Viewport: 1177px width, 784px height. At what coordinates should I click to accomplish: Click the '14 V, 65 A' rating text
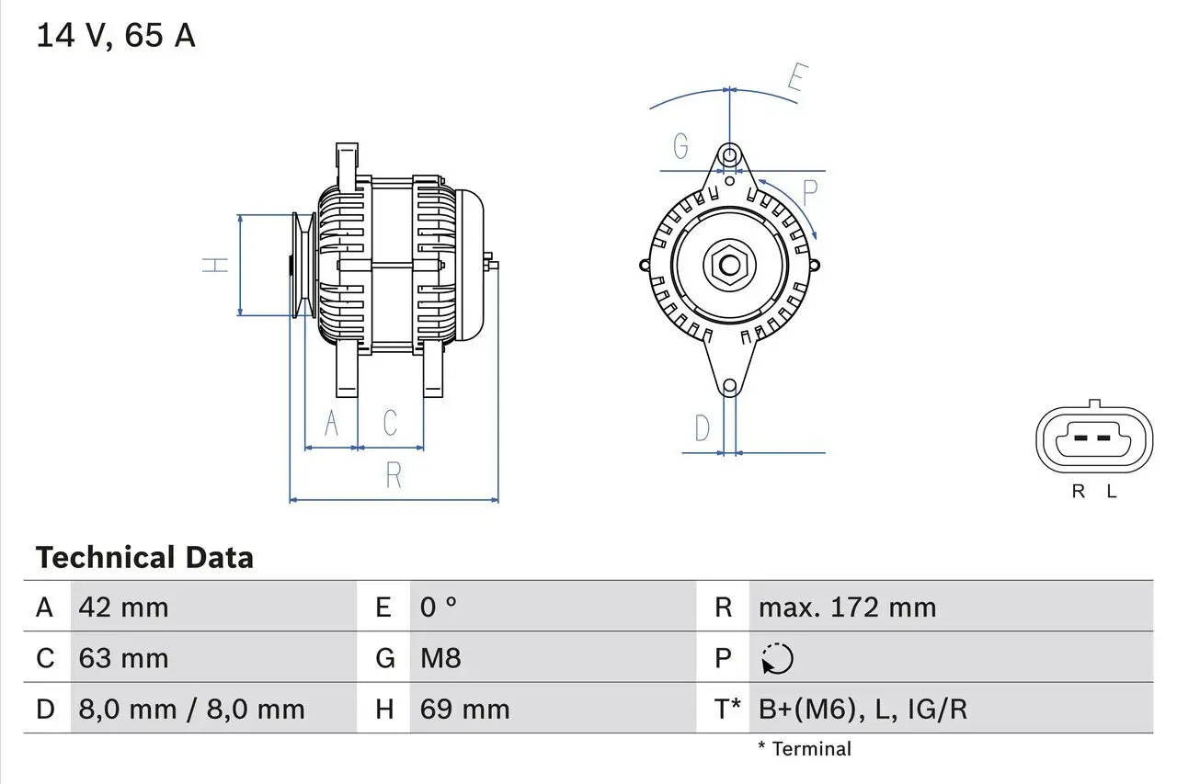[115, 36]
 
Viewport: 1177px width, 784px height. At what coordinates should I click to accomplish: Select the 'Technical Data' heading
[144, 558]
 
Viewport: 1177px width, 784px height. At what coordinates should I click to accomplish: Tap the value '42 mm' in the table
[124, 608]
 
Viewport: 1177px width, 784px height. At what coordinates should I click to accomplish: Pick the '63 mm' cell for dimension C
[124, 658]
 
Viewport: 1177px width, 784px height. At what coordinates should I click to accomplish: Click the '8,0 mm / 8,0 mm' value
[191, 709]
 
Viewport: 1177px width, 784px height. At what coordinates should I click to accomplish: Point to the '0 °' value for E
[439, 608]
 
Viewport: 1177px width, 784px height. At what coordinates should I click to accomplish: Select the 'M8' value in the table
[440, 658]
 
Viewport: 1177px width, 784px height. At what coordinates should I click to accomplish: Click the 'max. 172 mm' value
[847, 608]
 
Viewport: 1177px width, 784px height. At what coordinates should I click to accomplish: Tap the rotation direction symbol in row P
[777, 659]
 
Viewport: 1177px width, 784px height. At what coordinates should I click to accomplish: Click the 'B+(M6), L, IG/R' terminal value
[863, 709]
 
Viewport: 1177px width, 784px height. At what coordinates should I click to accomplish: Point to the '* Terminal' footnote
[805, 749]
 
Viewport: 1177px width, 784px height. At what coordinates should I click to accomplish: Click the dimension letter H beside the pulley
[215, 265]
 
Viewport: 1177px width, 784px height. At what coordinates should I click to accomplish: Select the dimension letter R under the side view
[394, 474]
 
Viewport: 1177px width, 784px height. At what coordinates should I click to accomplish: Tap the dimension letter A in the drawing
[332, 424]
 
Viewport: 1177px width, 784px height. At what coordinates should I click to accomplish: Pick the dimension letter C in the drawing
[390, 424]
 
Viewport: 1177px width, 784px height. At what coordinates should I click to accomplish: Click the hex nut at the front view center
[729, 266]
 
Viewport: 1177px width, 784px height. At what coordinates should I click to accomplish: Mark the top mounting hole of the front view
[729, 154]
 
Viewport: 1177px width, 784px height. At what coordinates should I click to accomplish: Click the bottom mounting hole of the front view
[729, 387]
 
